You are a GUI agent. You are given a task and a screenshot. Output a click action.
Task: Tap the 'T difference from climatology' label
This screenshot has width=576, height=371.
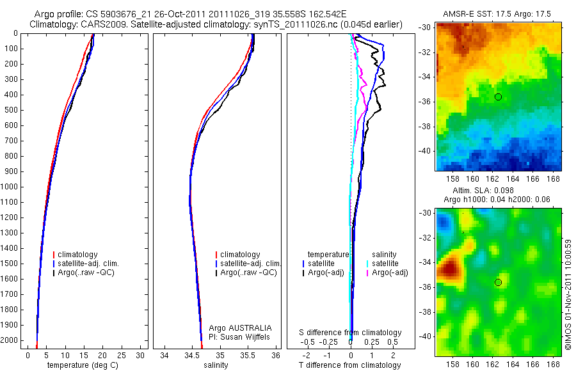point(349,365)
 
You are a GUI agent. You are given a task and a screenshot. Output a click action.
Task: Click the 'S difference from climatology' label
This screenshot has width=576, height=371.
point(350,333)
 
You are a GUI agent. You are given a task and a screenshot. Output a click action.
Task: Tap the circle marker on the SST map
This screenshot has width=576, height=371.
point(498,97)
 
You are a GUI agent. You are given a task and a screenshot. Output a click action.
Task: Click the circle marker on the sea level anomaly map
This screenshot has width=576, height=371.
point(498,282)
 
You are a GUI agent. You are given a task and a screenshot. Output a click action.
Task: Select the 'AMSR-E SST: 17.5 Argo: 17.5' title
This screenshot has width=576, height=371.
point(497,13)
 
